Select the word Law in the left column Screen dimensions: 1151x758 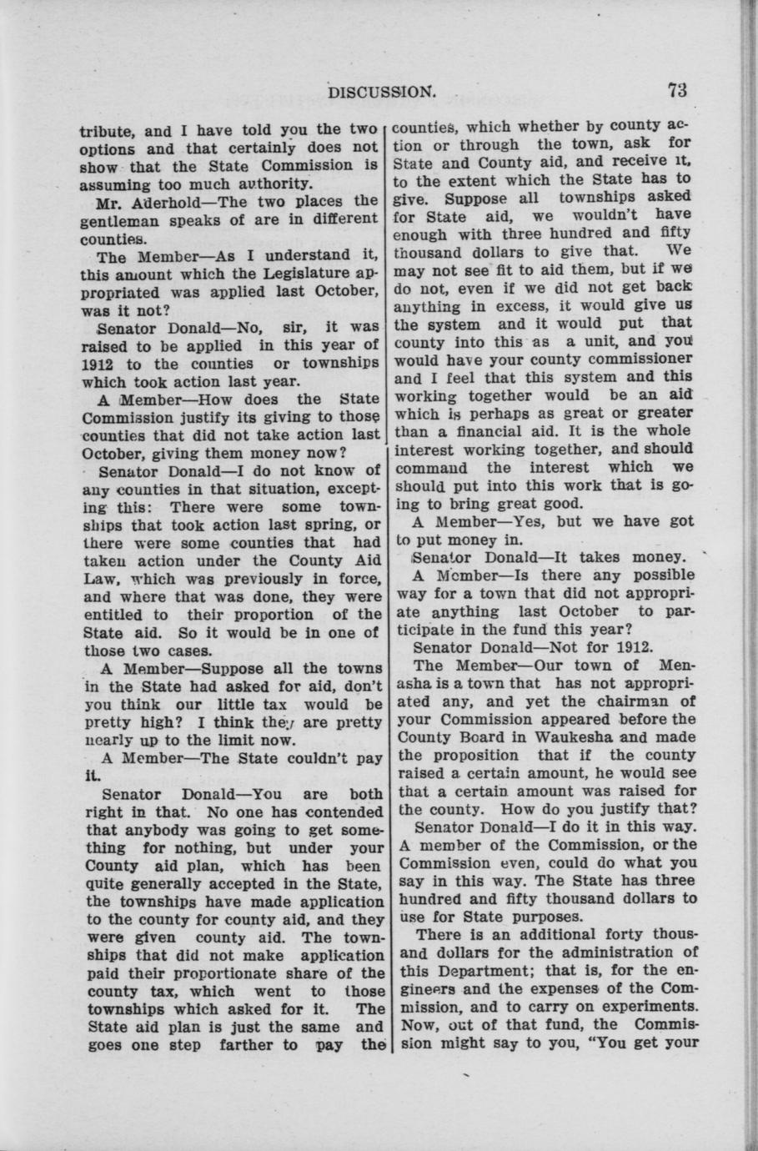[94, 579]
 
